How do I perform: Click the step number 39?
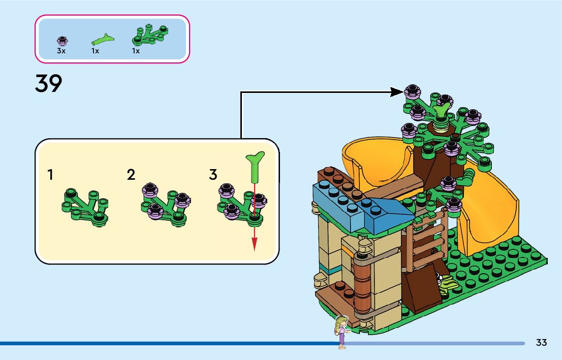(x=48, y=84)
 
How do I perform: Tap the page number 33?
(x=541, y=343)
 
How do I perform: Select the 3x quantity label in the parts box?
(x=61, y=51)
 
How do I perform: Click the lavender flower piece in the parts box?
(x=62, y=41)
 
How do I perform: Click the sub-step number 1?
(x=50, y=175)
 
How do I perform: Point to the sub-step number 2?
(x=131, y=175)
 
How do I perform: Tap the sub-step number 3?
(x=213, y=175)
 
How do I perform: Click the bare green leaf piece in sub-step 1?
(x=85, y=207)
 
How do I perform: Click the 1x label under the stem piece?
(x=95, y=51)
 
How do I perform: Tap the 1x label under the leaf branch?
(x=136, y=51)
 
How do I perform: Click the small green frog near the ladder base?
(x=445, y=283)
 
